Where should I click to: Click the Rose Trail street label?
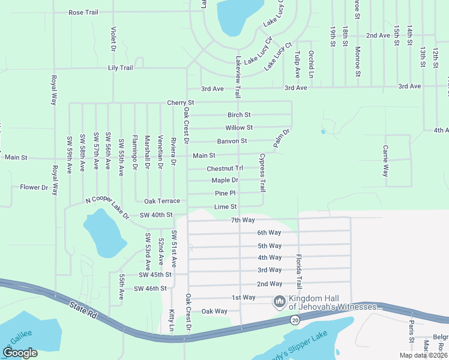coord(83,12)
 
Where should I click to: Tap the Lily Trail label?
coord(121,68)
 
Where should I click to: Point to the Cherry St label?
coord(181,103)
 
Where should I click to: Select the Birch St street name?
coord(239,115)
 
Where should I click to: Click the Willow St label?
coord(239,128)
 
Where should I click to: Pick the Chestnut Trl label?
coord(225,169)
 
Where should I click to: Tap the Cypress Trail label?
coord(262,173)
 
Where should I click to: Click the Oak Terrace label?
coord(161,201)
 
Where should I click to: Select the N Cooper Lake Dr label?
coord(108,208)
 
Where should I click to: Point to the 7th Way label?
coord(244,220)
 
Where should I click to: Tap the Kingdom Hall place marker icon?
coord(279,301)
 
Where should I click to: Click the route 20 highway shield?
coord(294,320)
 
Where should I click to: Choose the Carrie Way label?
coord(385,160)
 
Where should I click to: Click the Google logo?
coord(20,352)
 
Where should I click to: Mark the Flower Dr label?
coord(34,187)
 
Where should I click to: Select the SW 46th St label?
coord(150,289)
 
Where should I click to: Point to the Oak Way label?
coord(214,311)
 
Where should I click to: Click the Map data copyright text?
coord(423,355)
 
